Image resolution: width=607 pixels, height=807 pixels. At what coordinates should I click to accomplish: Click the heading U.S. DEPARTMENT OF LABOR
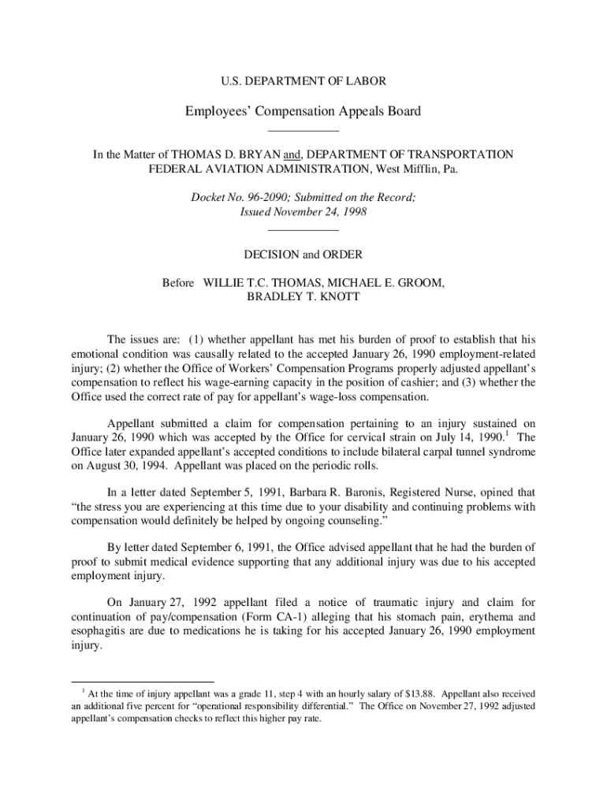pyautogui.click(x=303, y=81)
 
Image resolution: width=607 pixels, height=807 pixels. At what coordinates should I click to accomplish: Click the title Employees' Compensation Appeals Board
pyautogui.click(x=303, y=111)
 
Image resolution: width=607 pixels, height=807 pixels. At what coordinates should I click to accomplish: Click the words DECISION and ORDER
pyautogui.click(x=303, y=255)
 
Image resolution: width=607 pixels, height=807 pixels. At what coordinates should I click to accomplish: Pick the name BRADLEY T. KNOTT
pyautogui.click(x=303, y=297)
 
